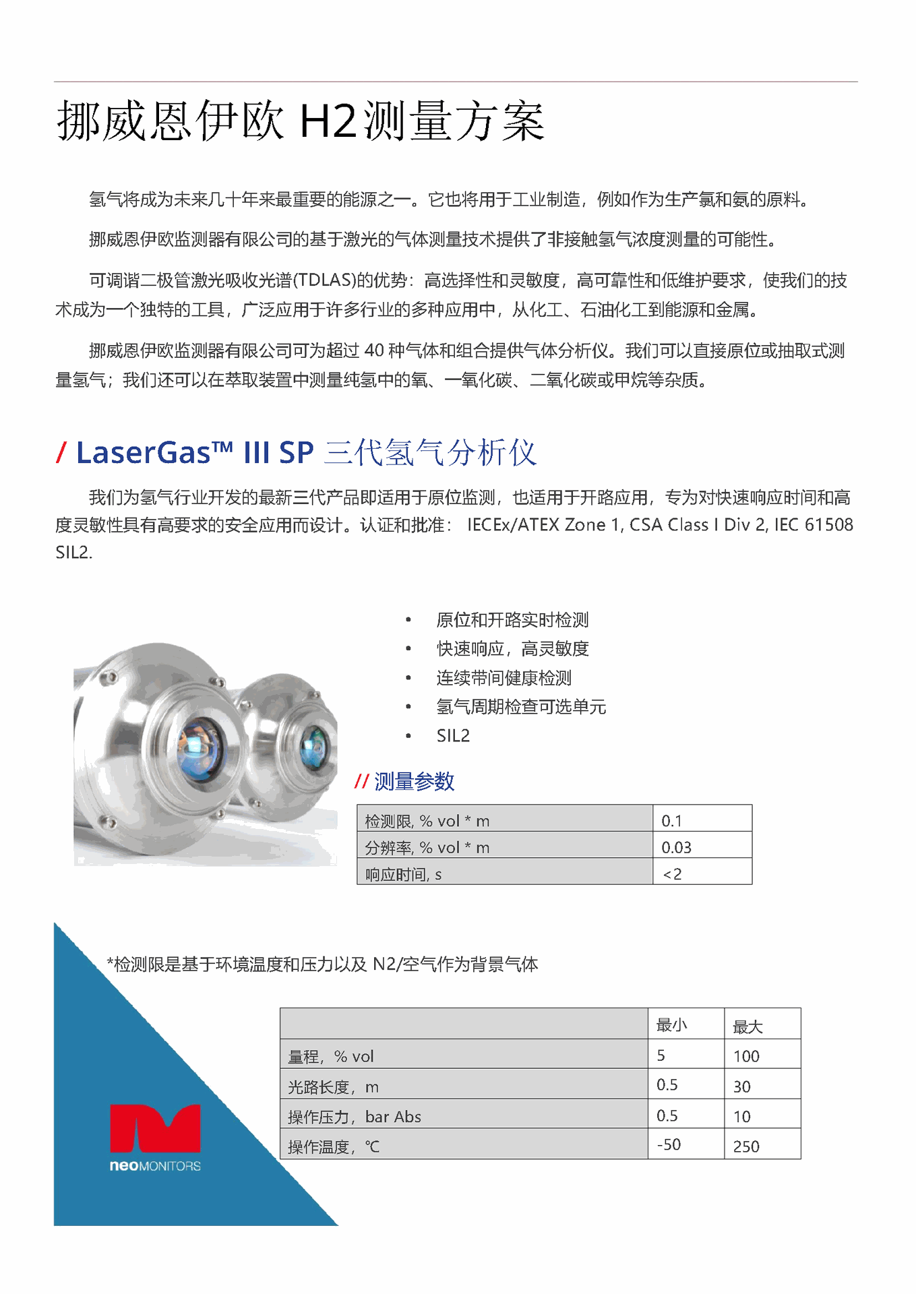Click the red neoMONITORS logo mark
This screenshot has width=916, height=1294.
point(155,1128)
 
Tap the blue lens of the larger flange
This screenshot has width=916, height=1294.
point(199,748)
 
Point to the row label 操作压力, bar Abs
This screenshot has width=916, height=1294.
point(355,1117)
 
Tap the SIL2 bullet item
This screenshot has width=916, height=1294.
point(453,736)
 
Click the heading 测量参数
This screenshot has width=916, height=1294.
point(414,782)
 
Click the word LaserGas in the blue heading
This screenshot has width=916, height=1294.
point(144,452)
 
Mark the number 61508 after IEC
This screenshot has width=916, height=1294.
point(829,524)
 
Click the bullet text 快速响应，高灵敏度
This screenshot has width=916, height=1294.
point(512,649)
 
